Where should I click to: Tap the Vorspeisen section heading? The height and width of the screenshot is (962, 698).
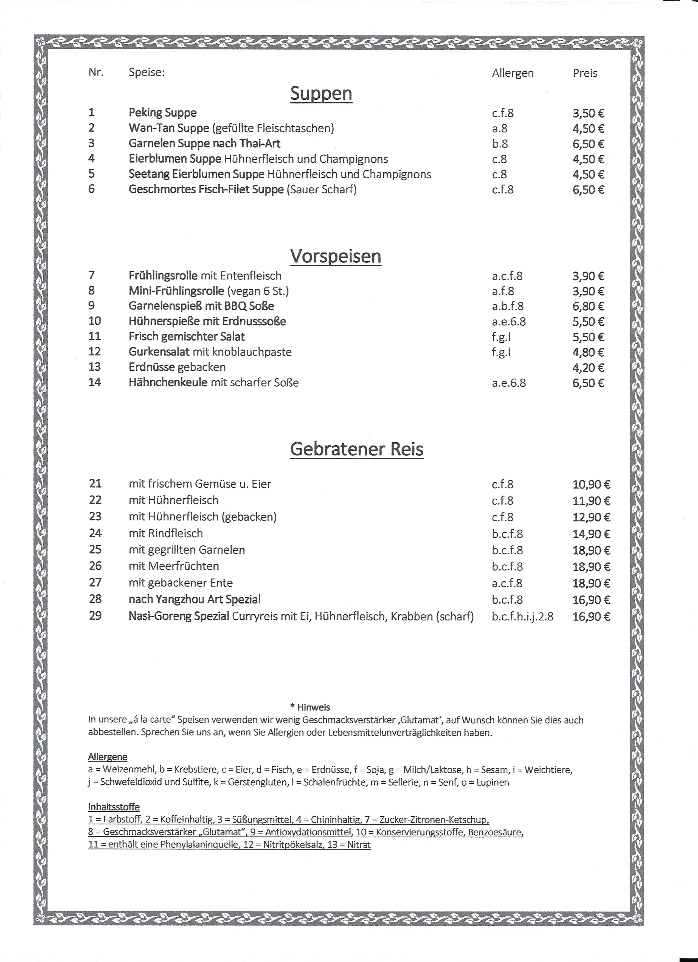tap(335, 256)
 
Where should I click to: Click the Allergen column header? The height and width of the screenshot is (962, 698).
tap(512, 73)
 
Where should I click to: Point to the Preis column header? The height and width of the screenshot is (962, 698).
tap(585, 73)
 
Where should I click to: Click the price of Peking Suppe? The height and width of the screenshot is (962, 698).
tap(588, 113)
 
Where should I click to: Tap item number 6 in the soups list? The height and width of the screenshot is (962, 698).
tap(92, 189)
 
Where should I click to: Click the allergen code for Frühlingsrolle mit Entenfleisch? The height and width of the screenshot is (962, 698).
tap(507, 276)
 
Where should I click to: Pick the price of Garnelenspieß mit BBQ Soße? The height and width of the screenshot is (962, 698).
tap(588, 306)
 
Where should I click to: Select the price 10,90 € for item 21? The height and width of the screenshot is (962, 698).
tap(591, 484)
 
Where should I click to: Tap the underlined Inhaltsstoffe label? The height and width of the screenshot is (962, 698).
tap(114, 807)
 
